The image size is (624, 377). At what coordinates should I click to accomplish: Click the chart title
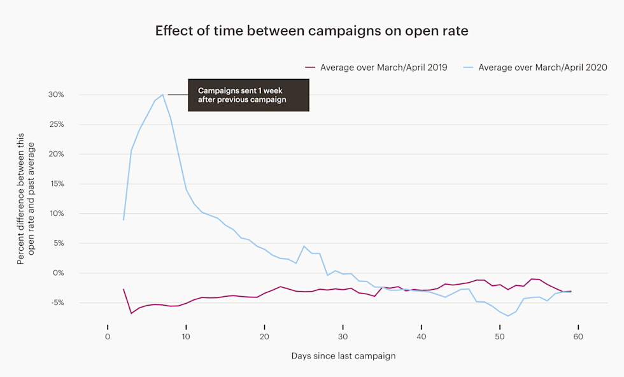click(x=311, y=31)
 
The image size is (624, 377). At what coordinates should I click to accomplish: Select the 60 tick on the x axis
click(x=578, y=336)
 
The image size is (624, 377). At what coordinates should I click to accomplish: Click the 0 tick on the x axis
click(x=108, y=336)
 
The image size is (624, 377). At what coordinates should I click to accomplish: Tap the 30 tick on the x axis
click(x=343, y=336)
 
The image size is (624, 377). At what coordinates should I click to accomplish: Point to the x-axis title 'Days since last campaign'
click(x=343, y=356)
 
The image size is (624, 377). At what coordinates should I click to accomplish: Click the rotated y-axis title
click(x=26, y=199)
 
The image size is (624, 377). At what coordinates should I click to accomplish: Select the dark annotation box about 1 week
click(x=248, y=95)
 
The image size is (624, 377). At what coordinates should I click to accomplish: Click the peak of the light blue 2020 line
click(x=163, y=94)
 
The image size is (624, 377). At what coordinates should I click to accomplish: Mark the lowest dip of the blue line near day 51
click(x=508, y=316)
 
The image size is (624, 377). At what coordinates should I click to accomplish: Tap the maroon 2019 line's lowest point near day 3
click(x=131, y=313)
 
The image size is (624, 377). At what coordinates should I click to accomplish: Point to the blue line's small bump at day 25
click(x=304, y=246)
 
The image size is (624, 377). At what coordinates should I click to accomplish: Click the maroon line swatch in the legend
click(x=310, y=68)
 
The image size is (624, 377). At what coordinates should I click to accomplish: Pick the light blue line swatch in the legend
click(x=468, y=68)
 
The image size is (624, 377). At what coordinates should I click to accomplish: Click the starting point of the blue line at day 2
click(x=124, y=220)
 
